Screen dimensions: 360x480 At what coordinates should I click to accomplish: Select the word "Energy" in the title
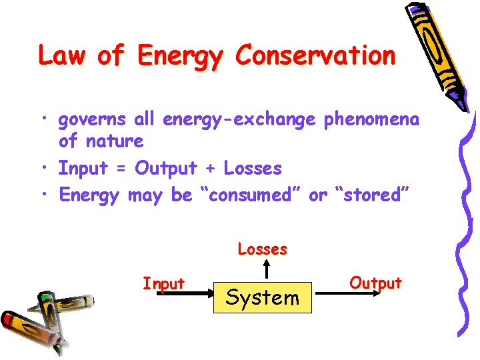pyautogui.click(x=179, y=57)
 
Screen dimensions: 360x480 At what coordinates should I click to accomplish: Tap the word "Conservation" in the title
pyautogui.click(x=315, y=55)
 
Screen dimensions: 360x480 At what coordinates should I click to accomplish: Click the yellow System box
pyautogui.click(x=263, y=297)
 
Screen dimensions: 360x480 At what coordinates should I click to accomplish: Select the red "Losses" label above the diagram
pyautogui.click(x=263, y=249)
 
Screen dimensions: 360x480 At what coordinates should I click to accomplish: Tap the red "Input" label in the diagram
pyautogui.click(x=163, y=283)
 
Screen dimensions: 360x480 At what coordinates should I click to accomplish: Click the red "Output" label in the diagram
pyautogui.click(x=376, y=283)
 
